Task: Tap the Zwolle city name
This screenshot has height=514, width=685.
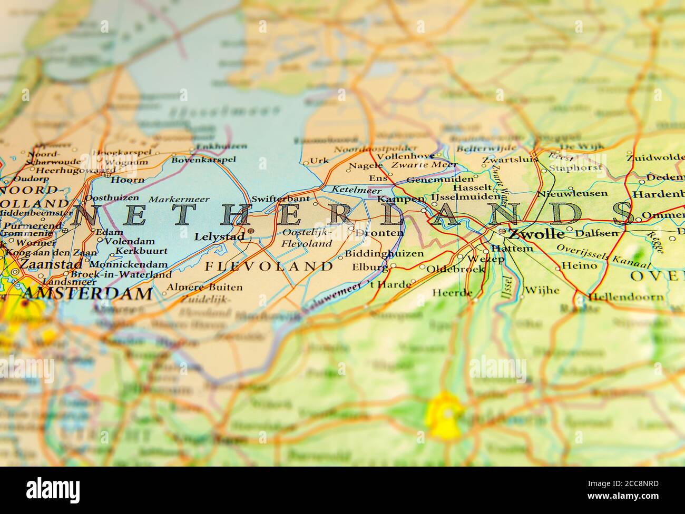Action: pyautogui.click(x=536, y=233)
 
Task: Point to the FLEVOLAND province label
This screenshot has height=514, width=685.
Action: pyautogui.click(x=269, y=266)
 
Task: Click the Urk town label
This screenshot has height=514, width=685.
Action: pyautogui.click(x=319, y=161)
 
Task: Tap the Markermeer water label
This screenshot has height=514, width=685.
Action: pyautogui.click(x=179, y=200)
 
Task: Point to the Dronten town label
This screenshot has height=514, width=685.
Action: pyautogui.click(x=379, y=233)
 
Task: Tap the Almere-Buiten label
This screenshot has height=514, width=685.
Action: pyautogui.click(x=204, y=288)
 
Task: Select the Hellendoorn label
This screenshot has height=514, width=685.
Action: pyautogui.click(x=625, y=297)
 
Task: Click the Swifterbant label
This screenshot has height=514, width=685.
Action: pyautogui.click(x=280, y=199)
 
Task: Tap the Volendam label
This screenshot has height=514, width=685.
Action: pyautogui.click(x=130, y=242)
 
